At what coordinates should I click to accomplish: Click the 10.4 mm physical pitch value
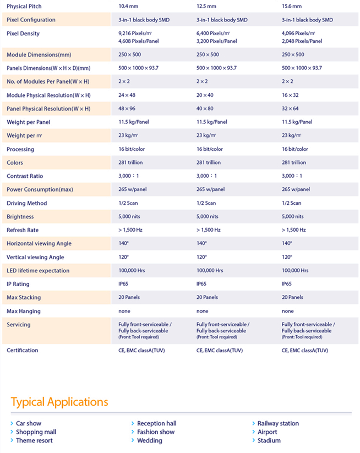128,6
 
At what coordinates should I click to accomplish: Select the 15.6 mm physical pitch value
292,6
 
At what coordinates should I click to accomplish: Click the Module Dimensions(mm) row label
39,54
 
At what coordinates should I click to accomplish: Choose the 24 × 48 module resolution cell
127,95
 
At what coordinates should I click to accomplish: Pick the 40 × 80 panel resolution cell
205,108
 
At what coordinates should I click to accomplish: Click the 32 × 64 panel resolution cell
290,108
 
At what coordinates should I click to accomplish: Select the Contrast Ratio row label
25,176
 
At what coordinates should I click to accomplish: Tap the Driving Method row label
26,203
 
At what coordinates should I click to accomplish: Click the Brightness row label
20,217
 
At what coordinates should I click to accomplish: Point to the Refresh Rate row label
23,230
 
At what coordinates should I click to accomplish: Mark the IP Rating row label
18,284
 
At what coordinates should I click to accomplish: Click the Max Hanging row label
24,311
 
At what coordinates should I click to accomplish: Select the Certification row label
22,350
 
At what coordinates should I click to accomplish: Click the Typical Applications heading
59,402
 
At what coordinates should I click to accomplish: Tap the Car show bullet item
26,423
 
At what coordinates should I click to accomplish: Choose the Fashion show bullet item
153,432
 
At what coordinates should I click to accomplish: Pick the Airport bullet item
265,432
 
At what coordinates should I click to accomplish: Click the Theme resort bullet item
31,440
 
